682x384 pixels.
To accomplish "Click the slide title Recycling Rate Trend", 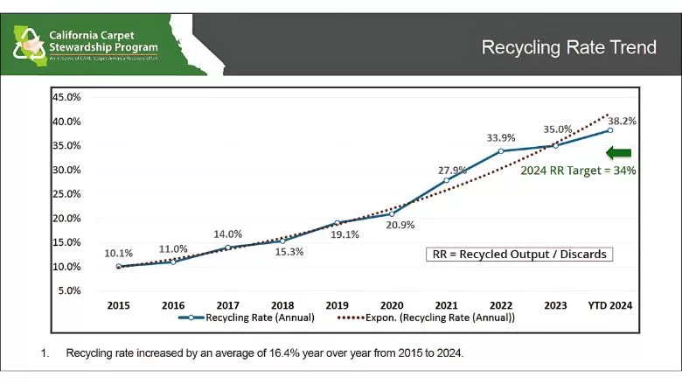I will pos(568,47).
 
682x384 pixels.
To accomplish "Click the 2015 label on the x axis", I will pos(119,305).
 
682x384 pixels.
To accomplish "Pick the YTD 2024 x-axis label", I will pos(609,305).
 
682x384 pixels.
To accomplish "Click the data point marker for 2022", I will pos(501,151).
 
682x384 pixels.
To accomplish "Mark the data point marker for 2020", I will pos(392,213).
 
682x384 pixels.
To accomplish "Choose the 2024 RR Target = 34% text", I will pos(578,171).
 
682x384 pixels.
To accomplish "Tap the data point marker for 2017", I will pos(228,248).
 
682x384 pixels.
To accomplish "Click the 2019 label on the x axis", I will pos(337,305).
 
